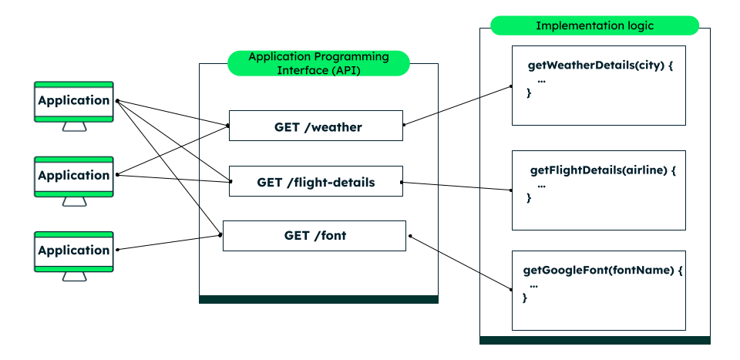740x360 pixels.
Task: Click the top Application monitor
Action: click(x=74, y=100)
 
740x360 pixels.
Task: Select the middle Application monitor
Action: click(x=74, y=175)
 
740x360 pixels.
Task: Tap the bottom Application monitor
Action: click(x=74, y=250)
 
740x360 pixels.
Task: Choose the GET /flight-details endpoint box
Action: click(x=316, y=183)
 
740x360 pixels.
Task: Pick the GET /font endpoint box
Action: click(x=314, y=235)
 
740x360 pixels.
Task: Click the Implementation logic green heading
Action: click(x=594, y=25)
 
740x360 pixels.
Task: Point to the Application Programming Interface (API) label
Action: click(x=318, y=63)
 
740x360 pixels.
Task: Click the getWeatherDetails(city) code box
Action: click(x=599, y=85)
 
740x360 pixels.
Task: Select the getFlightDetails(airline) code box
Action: click(x=599, y=190)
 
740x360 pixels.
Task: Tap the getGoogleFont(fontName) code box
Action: click(x=599, y=291)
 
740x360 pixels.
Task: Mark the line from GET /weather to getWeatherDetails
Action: click(x=458, y=105)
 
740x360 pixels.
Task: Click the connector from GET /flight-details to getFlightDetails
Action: click(x=456, y=186)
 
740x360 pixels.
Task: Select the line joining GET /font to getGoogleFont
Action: click(x=461, y=263)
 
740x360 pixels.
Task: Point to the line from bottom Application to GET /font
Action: click(x=170, y=242)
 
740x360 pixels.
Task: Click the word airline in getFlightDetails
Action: click(x=646, y=170)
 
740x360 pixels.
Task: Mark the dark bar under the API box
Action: click(x=318, y=299)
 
